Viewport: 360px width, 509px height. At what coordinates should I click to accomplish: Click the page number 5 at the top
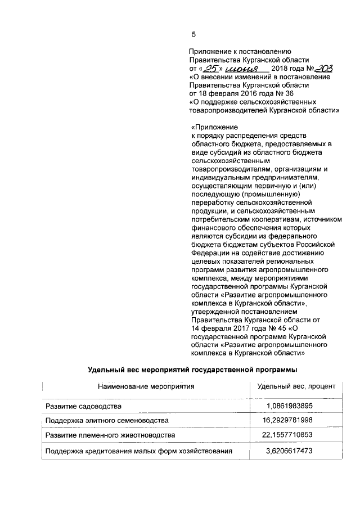pos(193,34)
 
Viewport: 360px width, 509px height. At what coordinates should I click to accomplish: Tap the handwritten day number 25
pos(210,69)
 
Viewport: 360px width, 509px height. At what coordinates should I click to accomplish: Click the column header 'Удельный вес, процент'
pos(296,387)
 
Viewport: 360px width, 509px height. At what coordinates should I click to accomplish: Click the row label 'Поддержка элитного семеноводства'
pos(106,421)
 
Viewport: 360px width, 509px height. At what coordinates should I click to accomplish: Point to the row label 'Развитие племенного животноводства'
pos(110,436)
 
